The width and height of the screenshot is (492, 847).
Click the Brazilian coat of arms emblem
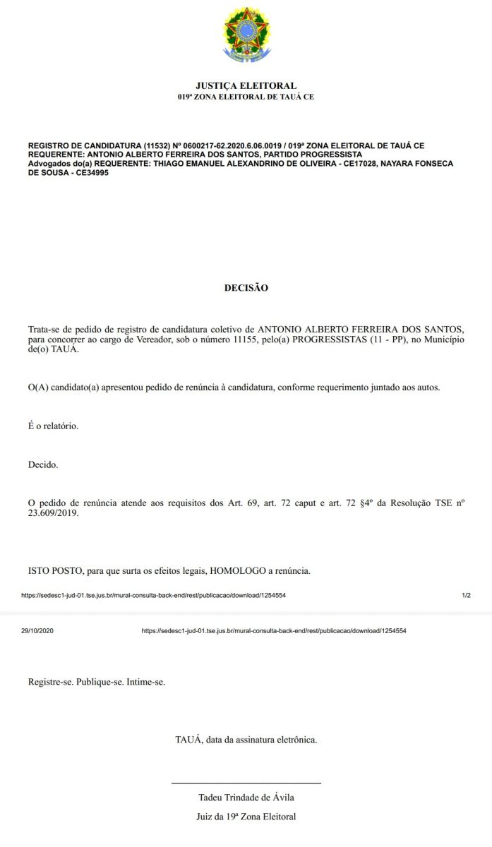[x=246, y=34]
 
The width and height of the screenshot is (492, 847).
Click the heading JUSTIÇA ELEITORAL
[x=246, y=86]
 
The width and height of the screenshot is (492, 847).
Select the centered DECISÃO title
[x=246, y=288]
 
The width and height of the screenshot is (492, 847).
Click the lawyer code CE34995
[x=88, y=172]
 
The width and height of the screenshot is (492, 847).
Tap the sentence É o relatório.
[x=53, y=426]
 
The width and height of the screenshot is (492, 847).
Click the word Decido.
[x=43, y=465]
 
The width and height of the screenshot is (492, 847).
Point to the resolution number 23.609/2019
[x=54, y=514]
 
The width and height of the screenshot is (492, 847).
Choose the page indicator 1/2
[x=466, y=596]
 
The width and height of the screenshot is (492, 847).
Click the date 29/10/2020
[x=37, y=630]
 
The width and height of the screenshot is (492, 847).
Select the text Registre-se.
[x=50, y=683]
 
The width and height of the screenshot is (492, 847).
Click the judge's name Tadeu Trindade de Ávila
[x=246, y=798]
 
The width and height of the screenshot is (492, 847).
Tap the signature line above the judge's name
[x=246, y=783]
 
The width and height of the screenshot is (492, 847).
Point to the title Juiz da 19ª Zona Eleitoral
[x=246, y=817]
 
